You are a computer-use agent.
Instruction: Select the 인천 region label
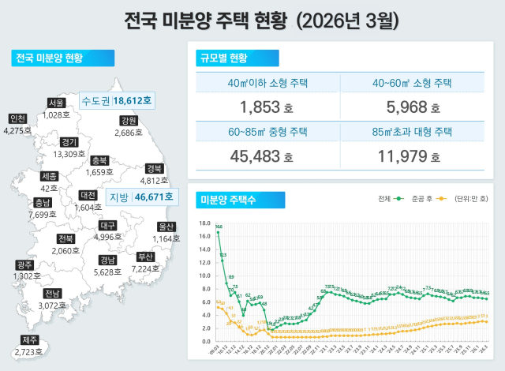click(x=17, y=118)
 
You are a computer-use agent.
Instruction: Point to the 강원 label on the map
click(x=128, y=121)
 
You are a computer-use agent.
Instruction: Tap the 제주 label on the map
click(x=31, y=340)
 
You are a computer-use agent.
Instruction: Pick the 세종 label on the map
click(x=49, y=176)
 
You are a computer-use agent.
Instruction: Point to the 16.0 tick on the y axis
click(x=204, y=223)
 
